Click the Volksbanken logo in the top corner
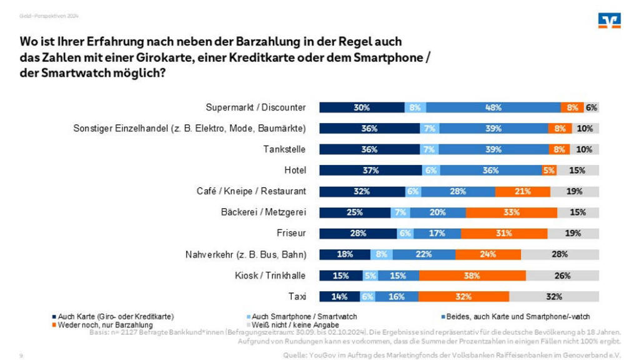610,21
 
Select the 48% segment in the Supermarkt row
493,107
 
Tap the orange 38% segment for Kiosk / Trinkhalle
472,276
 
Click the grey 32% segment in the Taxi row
553,297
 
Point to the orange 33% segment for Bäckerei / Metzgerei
512,212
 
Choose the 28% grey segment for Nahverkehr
560,254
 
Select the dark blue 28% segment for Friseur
358,234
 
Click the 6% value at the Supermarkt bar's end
592,107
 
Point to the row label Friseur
290,234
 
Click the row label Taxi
297,297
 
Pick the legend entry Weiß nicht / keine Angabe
294,325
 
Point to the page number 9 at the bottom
21,354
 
